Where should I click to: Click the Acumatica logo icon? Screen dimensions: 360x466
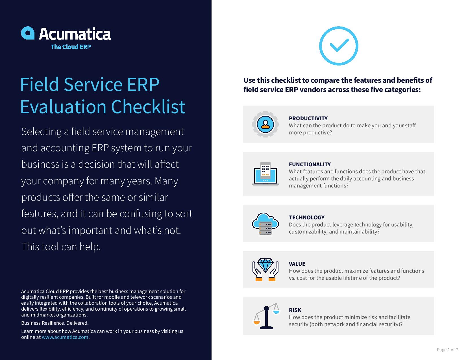(x=28, y=33)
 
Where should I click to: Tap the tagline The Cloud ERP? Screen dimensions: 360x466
(x=71, y=47)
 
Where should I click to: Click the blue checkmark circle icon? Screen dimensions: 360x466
(x=338, y=46)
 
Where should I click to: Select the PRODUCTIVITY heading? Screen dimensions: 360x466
(x=308, y=118)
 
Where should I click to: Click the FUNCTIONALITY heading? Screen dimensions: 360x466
(x=310, y=164)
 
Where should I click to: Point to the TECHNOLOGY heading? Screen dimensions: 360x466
(x=306, y=217)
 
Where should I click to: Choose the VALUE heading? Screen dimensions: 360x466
(x=297, y=264)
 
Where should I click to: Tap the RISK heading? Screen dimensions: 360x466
(x=295, y=310)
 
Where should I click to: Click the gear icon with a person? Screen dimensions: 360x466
(x=265, y=124)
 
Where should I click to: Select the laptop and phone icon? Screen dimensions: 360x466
(x=265, y=174)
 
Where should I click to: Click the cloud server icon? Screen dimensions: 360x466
(x=265, y=224)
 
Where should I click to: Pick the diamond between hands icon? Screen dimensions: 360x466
(x=265, y=270)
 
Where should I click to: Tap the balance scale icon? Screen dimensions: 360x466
(x=266, y=316)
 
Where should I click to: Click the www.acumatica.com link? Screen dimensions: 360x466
(x=65, y=337)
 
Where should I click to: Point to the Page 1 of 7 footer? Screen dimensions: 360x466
(x=447, y=350)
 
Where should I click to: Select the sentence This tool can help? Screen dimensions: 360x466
(x=61, y=246)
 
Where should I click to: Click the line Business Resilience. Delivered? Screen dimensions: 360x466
(x=55, y=323)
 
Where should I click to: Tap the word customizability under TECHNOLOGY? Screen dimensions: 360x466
(x=308, y=232)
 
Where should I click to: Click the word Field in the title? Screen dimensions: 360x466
(x=40, y=84)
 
